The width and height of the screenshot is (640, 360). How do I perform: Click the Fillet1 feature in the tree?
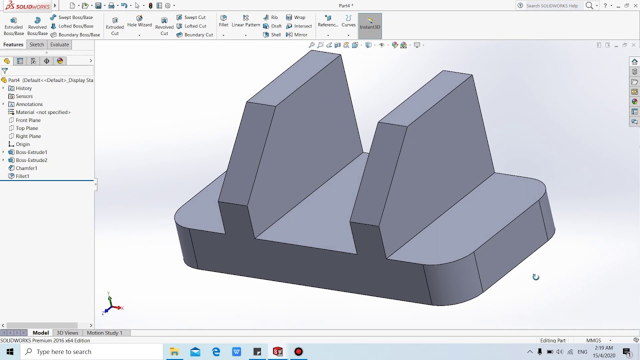(x=22, y=176)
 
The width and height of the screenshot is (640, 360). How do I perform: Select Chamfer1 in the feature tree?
(x=26, y=168)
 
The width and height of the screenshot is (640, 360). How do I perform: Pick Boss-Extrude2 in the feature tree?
(x=31, y=160)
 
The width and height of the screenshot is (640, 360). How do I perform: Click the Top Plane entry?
(x=26, y=128)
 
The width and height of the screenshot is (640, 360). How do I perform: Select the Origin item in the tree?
(x=22, y=144)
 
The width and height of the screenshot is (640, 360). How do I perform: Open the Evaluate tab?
(x=59, y=44)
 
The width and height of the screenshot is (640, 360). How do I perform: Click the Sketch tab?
(x=36, y=44)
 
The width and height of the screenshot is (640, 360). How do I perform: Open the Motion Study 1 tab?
(x=104, y=332)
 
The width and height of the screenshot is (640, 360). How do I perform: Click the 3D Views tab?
(x=67, y=332)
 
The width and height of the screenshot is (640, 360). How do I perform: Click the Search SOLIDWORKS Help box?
(x=551, y=5)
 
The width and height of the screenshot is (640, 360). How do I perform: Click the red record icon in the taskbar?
(x=298, y=351)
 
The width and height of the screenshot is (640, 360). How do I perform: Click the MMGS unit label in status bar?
(x=593, y=340)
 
